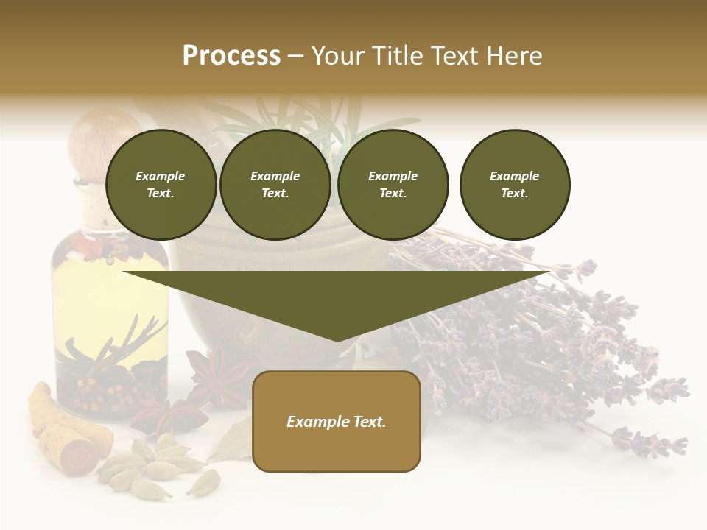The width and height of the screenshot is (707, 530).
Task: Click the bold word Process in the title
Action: point(231,56)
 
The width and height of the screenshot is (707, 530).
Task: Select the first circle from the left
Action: point(161,185)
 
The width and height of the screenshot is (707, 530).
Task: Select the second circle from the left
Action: point(275,185)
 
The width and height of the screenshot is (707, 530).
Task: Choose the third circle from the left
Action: point(393,185)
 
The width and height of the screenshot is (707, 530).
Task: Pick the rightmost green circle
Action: point(514,185)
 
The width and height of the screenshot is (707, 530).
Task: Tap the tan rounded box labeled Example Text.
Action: point(337,421)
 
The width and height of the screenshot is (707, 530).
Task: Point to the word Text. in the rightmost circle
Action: point(514,194)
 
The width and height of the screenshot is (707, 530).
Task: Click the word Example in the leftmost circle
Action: point(161,176)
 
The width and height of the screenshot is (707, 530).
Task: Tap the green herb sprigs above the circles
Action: point(309,118)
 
